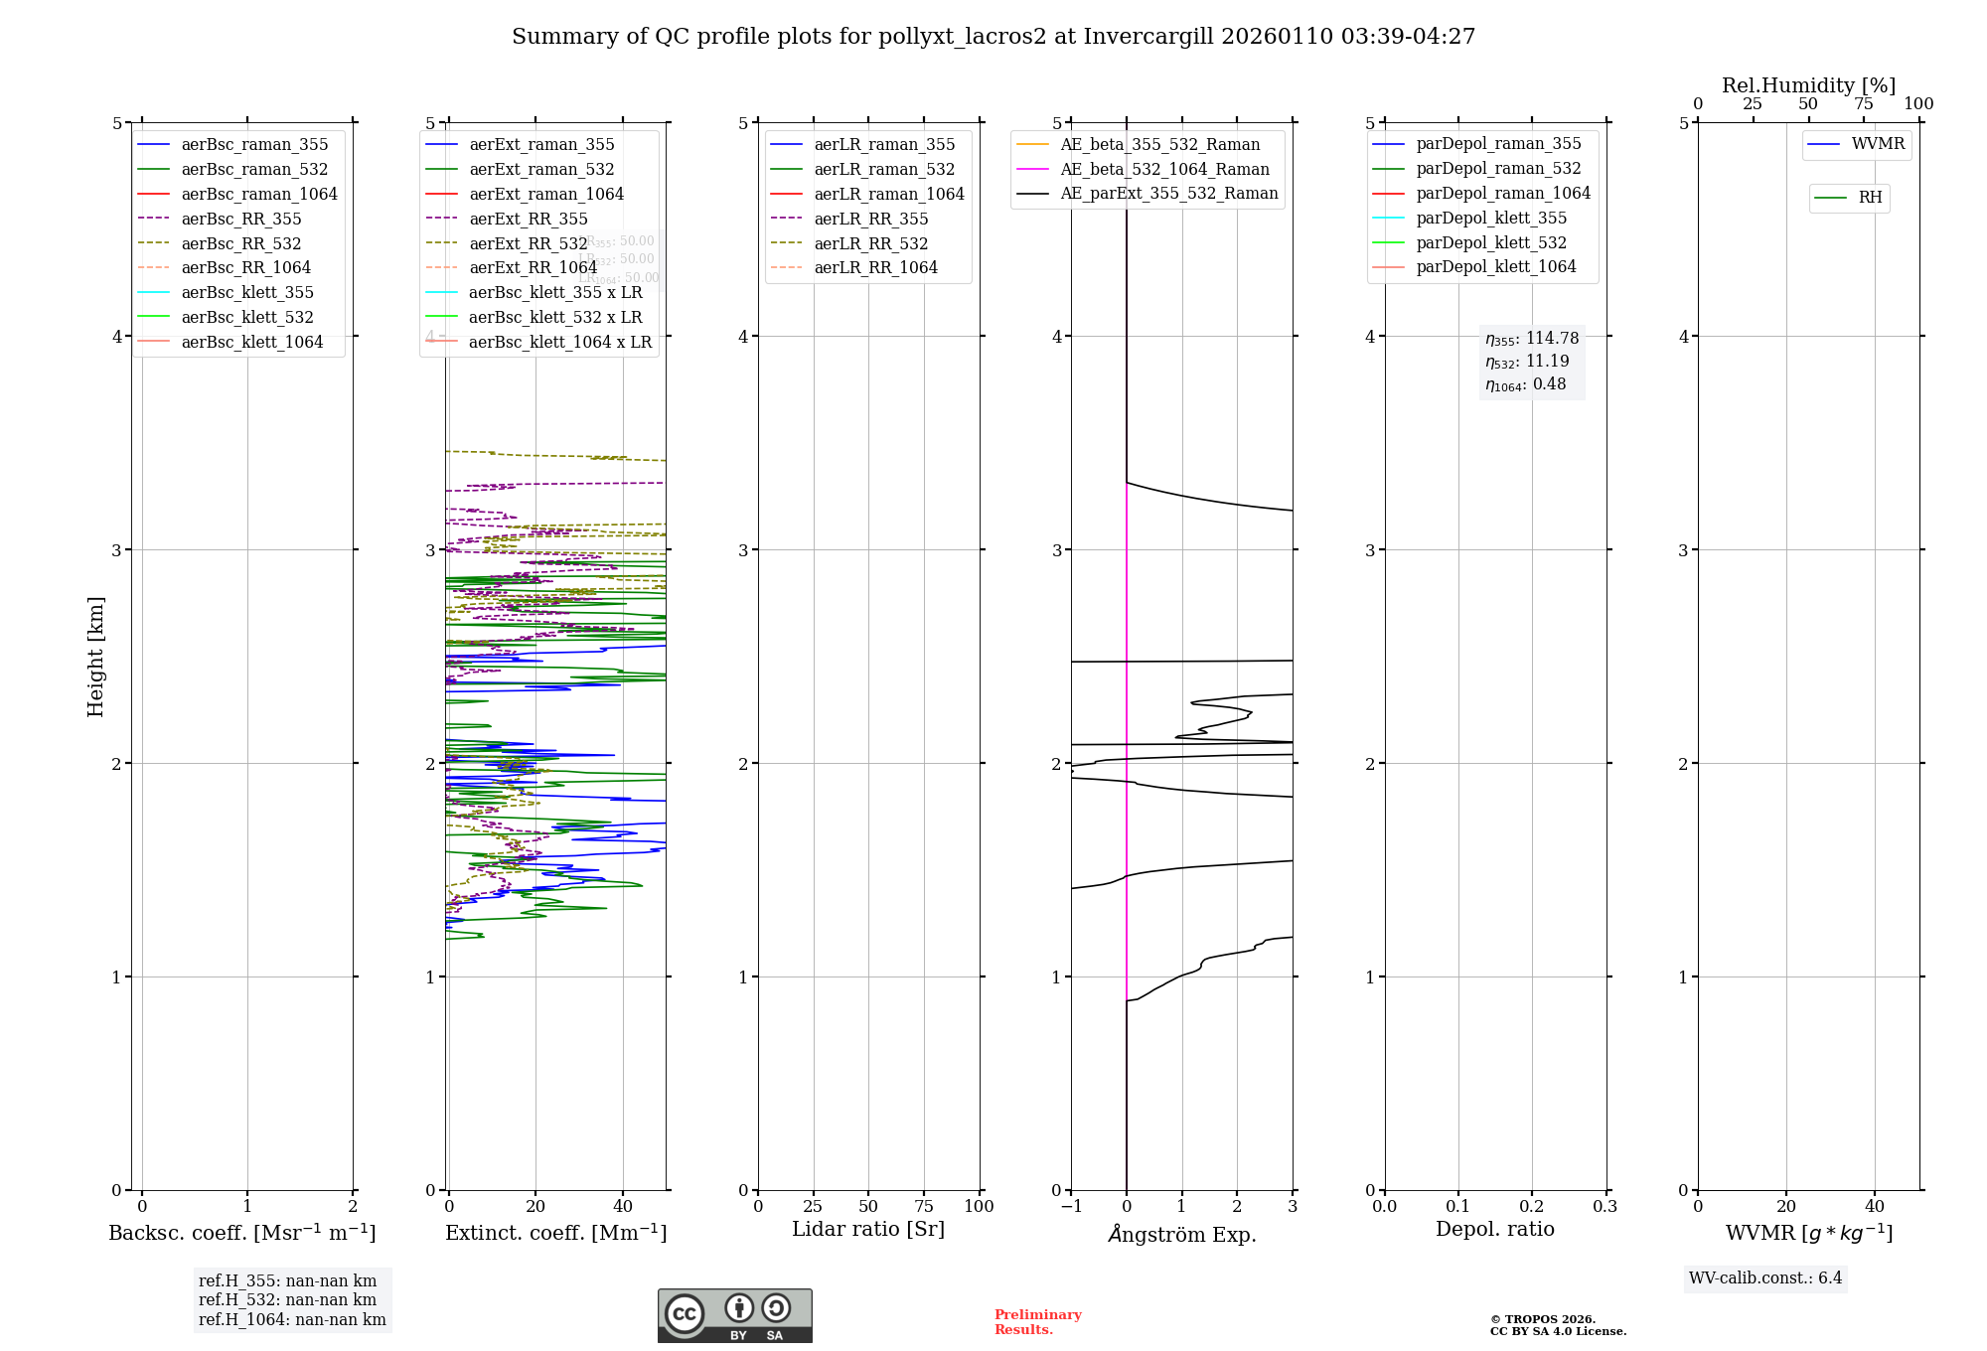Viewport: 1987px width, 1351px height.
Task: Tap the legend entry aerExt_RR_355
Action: coord(528,219)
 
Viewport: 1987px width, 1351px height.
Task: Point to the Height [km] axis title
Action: coord(95,657)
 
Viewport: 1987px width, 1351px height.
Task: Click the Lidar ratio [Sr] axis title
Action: coord(867,1230)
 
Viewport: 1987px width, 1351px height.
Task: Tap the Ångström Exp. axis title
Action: coord(1181,1235)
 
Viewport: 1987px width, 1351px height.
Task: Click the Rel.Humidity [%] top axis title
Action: coord(1808,85)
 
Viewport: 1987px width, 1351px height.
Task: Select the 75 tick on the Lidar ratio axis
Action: coord(924,1207)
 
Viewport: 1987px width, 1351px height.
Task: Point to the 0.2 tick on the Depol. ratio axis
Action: coord(1531,1207)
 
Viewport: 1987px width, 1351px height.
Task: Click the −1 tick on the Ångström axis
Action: coord(1071,1207)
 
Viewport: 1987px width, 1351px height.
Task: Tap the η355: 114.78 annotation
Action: coord(1531,339)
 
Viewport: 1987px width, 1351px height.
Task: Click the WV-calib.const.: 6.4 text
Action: coord(1764,1278)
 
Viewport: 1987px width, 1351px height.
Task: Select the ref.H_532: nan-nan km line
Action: coord(287,1300)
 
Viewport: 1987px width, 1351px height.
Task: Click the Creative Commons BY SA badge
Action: coord(734,1315)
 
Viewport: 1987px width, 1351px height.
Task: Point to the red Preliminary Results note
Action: coord(1037,1322)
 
